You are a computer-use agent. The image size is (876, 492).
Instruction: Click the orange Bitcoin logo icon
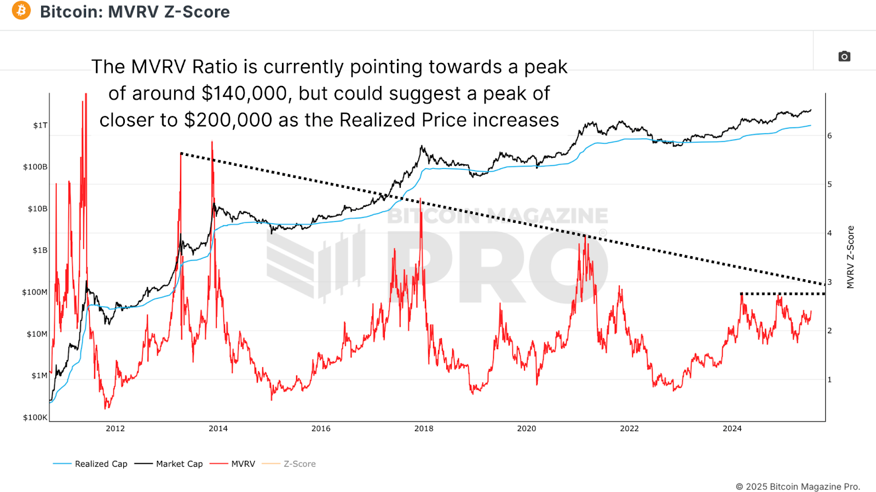pyautogui.click(x=21, y=10)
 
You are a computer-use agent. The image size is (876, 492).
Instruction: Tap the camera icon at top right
pyautogui.click(x=844, y=56)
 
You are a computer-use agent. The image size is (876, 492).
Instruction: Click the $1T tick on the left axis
pyautogui.click(x=41, y=125)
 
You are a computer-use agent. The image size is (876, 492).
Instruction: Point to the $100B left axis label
pyautogui.click(x=35, y=167)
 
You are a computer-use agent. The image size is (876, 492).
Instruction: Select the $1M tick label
pyautogui.click(x=39, y=375)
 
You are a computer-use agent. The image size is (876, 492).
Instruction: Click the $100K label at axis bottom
pyautogui.click(x=35, y=418)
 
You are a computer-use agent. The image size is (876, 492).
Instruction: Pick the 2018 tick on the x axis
pyautogui.click(x=424, y=429)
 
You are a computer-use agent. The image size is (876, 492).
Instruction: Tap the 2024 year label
pyautogui.click(x=732, y=429)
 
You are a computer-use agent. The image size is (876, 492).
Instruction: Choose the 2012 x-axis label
pyautogui.click(x=116, y=429)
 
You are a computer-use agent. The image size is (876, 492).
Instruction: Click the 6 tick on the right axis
pyautogui.click(x=829, y=136)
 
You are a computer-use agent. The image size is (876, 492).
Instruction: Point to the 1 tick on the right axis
pyautogui.click(x=829, y=380)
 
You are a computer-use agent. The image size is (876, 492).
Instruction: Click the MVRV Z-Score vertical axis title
pyautogui.click(x=850, y=257)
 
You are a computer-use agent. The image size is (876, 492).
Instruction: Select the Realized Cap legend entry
pyautogui.click(x=90, y=464)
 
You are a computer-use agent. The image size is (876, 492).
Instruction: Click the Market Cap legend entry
pyautogui.click(x=169, y=464)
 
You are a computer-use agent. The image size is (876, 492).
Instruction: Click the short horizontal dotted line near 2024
pyautogui.click(x=783, y=294)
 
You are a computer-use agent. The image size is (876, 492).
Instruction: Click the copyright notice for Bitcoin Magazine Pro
pyautogui.click(x=798, y=487)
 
